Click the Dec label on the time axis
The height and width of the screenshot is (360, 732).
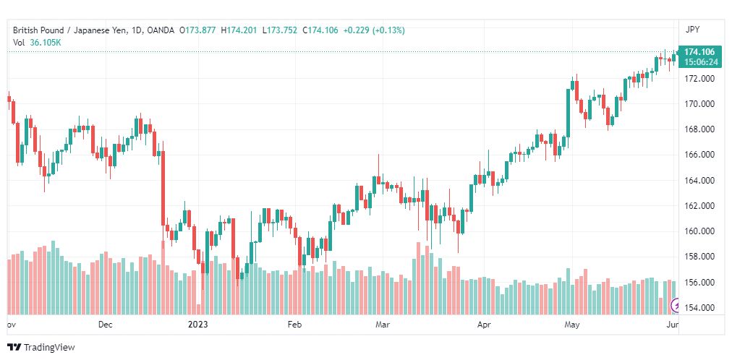[106, 325]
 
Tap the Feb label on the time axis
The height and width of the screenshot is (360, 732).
[294, 325]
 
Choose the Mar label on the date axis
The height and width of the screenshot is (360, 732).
[383, 325]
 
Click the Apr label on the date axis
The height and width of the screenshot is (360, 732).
[484, 325]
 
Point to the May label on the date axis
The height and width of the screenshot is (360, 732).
[573, 325]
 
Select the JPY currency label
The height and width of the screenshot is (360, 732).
[693, 30]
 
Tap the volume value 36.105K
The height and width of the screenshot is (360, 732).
[45, 42]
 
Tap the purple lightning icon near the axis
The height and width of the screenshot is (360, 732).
[676, 304]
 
